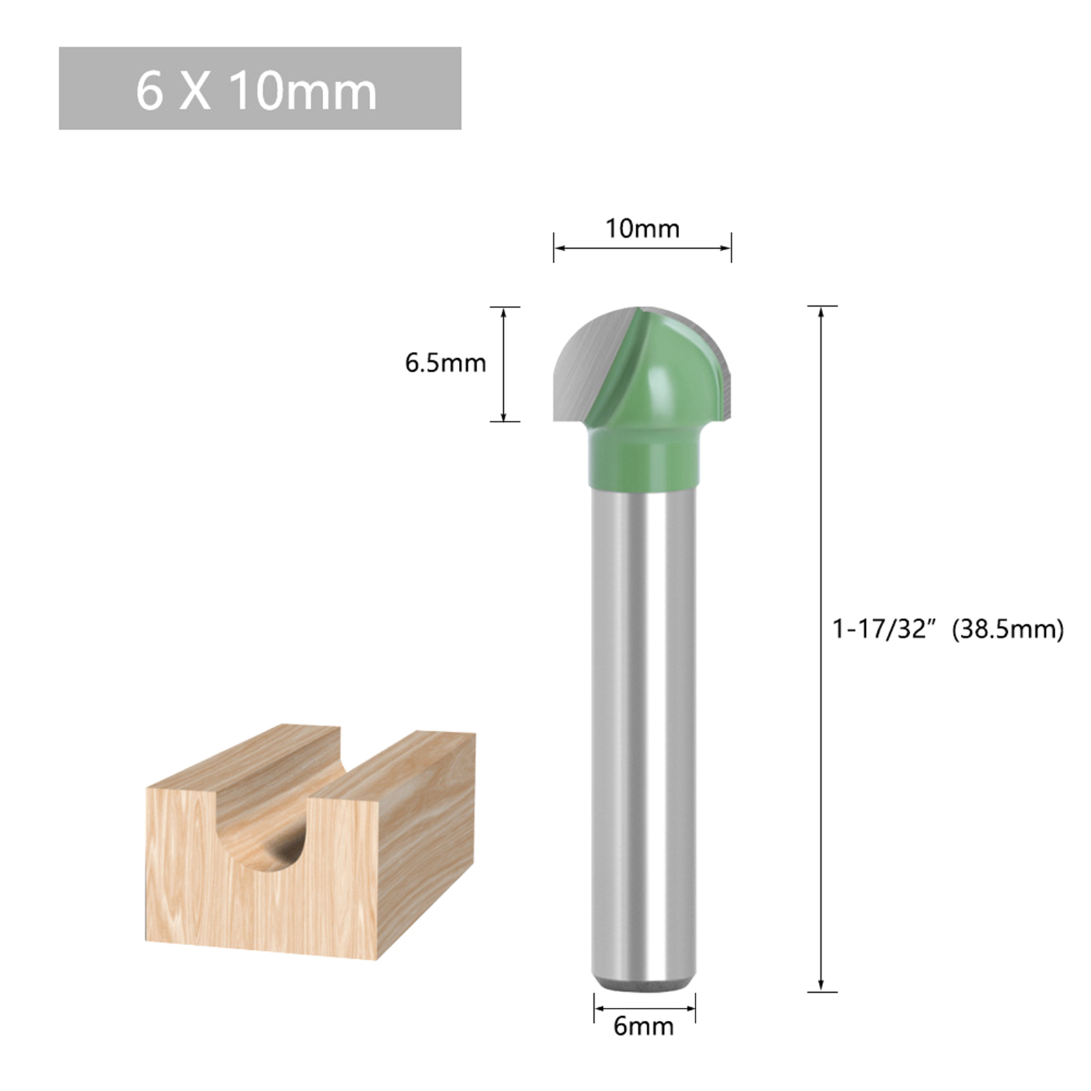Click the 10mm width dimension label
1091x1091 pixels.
tap(642, 228)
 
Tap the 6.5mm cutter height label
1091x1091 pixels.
tap(445, 363)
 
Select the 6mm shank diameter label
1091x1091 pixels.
tap(643, 1026)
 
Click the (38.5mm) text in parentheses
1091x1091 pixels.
tap(1008, 629)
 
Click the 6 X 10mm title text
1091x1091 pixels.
tap(256, 91)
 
